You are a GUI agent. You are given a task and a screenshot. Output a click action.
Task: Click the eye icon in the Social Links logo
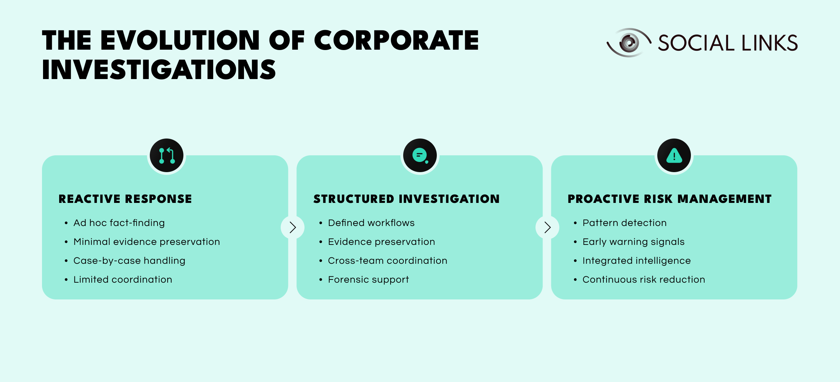(629, 43)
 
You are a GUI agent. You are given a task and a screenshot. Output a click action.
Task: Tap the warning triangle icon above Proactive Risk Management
(674, 156)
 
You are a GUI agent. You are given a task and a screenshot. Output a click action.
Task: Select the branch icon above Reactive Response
(167, 156)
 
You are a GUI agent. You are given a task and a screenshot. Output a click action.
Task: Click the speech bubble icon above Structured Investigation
(420, 156)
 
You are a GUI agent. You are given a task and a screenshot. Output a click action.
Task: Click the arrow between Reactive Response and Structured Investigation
(293, 227)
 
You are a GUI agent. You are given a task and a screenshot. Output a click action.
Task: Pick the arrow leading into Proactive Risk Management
(547, 227)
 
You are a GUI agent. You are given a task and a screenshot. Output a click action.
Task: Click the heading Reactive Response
(125, 199)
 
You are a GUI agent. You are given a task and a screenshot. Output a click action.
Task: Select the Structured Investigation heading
(406, 199)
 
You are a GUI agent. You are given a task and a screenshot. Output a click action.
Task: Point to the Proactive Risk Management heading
(670, 199)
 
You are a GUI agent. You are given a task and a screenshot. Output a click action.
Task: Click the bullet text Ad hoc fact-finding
(119, 223)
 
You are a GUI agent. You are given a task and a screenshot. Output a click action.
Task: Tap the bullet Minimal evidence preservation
(147, 242)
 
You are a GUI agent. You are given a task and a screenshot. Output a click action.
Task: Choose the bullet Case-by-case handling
(129, 261)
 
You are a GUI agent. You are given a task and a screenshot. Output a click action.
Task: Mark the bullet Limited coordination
(122, 280)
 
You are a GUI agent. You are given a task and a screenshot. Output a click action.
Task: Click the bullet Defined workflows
(371, 223)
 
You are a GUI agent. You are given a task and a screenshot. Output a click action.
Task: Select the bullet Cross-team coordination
(387, 261)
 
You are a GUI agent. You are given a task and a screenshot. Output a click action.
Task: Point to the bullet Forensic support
(368, 280)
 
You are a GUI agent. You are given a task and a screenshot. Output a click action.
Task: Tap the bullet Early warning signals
(633, 242)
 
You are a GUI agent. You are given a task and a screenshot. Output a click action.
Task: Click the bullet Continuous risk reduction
(644, 280)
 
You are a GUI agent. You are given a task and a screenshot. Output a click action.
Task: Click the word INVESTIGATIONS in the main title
(159, 69)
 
